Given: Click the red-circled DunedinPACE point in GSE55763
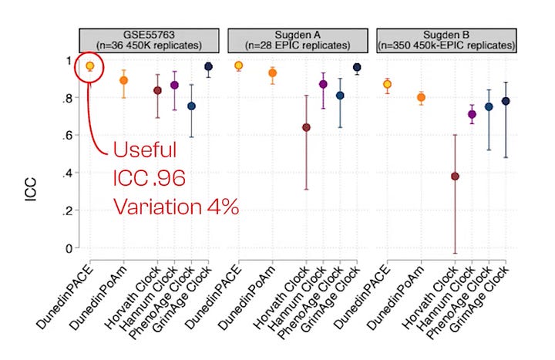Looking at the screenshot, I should click(89, 66).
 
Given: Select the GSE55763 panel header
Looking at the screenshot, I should click(151, 39).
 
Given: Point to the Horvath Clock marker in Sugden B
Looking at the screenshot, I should click(455, 176).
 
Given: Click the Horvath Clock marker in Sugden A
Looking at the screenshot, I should click(306, 127).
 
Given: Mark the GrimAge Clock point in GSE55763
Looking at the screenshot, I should click(208, 67).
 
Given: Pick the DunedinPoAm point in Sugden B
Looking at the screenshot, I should click(421, 97).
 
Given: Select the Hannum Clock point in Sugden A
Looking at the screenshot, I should click(323, 84).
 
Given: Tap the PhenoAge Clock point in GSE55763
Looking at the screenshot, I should click(191, 106).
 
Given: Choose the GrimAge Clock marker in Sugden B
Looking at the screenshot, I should click(505, 101).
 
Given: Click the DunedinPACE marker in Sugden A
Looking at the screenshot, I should click(238, 66).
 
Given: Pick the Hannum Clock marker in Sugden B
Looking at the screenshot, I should click(472, 114).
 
